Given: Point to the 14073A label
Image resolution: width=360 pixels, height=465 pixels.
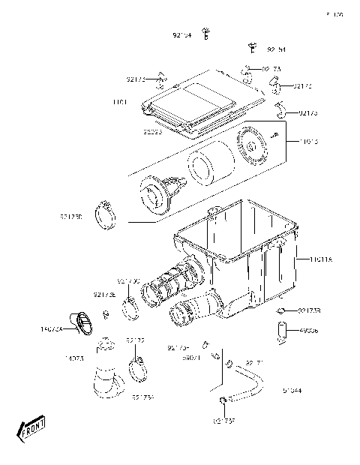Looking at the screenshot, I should (51, 328).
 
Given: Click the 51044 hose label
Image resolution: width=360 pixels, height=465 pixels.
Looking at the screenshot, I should (292, 390).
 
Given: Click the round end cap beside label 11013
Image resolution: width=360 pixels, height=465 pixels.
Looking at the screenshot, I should (256, 148).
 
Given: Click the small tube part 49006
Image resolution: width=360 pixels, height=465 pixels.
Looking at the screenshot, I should (282, 330).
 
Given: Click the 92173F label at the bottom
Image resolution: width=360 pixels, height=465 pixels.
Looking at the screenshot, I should (223, 421).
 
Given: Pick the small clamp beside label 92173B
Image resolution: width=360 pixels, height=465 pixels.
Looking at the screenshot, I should (282, 310).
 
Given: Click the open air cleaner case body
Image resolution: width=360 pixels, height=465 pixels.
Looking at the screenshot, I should (240, 240).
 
